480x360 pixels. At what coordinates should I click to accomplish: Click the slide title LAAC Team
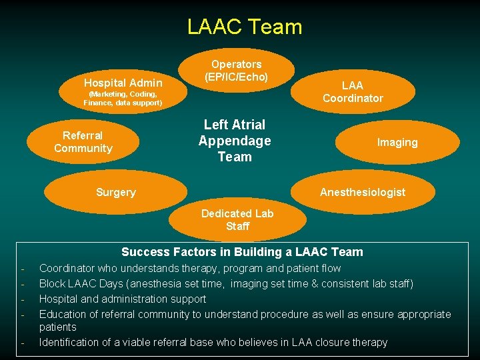245,27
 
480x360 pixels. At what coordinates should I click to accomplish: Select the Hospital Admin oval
123,83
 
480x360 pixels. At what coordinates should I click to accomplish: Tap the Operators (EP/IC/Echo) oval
236,71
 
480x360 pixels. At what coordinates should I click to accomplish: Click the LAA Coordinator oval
353,91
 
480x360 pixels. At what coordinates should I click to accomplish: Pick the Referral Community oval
83,142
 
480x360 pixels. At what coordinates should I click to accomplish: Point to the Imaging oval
397,142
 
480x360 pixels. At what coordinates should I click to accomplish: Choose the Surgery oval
116,192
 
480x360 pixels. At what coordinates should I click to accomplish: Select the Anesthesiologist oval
362,192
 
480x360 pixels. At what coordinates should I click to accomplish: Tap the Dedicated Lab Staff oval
237,220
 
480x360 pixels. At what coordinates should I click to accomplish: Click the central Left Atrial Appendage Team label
235,141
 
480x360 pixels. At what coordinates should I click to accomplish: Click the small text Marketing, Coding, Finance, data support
123,99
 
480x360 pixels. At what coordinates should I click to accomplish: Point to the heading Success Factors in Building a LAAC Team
242,252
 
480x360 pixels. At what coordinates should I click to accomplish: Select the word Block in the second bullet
53,284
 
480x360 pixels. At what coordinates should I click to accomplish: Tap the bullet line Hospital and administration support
123,299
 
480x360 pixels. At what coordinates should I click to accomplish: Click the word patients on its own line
58,327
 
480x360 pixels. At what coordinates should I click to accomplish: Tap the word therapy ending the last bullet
368,343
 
